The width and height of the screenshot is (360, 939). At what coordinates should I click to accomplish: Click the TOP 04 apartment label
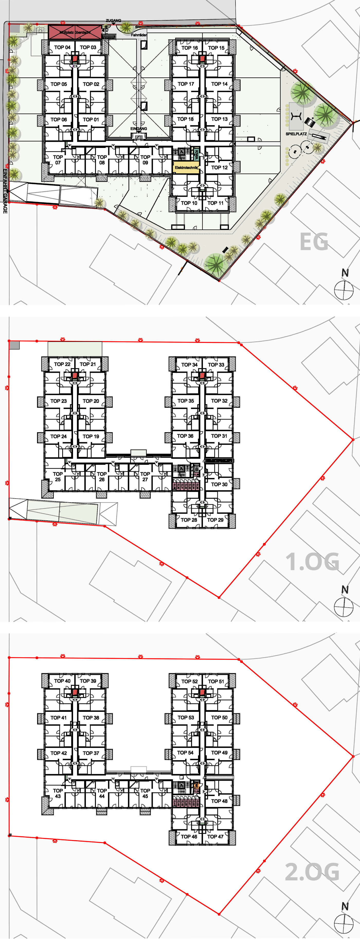[x=62, y=47]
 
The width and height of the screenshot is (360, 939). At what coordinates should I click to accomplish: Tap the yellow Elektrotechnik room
[x=186, y=167]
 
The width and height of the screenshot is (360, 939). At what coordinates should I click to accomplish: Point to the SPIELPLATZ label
[x=296, y=134]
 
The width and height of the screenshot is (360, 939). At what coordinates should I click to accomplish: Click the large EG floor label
[x=313, y=242]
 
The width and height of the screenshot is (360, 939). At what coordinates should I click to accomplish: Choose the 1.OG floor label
[x=312, y=562]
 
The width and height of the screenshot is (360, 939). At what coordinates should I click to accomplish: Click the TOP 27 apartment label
[x=145, y=476]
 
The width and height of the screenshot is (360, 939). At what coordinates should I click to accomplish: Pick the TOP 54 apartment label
[x=185, y=753]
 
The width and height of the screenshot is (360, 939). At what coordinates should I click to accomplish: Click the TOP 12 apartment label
[x=219, y=167]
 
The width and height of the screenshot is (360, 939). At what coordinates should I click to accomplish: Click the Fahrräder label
[x=139, y=35]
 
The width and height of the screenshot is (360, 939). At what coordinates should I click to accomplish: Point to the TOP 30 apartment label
[x=219, y=484]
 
